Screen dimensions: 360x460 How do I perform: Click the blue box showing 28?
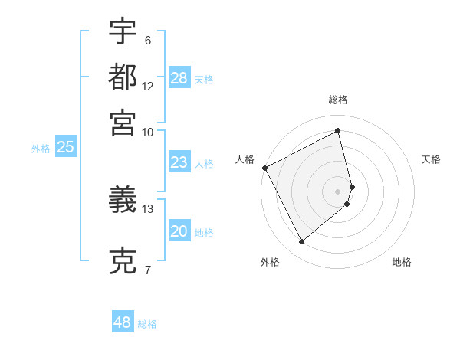179,78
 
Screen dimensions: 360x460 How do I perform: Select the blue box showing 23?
179,162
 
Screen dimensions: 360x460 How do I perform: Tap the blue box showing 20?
179,232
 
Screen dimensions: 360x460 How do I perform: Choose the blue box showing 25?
65,148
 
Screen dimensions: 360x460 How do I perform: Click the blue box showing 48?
123,322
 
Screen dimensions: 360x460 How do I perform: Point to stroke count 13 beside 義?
148,208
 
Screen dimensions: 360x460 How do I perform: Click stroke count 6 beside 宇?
148,40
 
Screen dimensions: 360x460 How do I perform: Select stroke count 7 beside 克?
148,270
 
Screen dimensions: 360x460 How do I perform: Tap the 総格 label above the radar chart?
338,100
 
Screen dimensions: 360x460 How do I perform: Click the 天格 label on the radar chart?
432,159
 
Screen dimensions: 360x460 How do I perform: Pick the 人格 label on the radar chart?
245,159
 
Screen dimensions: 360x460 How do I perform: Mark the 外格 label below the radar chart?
270,263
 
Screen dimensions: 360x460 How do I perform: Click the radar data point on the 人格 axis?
264,168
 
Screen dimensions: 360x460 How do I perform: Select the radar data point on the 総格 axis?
338,131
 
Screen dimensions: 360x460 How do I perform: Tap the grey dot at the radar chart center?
338,191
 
